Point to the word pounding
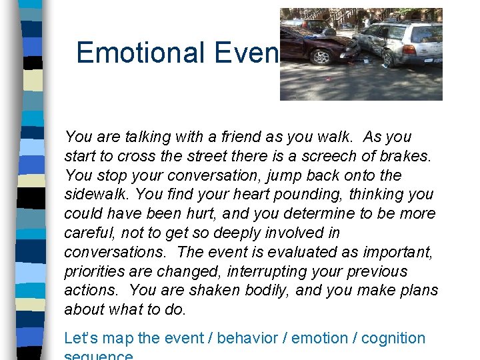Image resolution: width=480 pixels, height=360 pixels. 261,195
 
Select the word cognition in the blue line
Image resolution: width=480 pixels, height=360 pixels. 391,339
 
